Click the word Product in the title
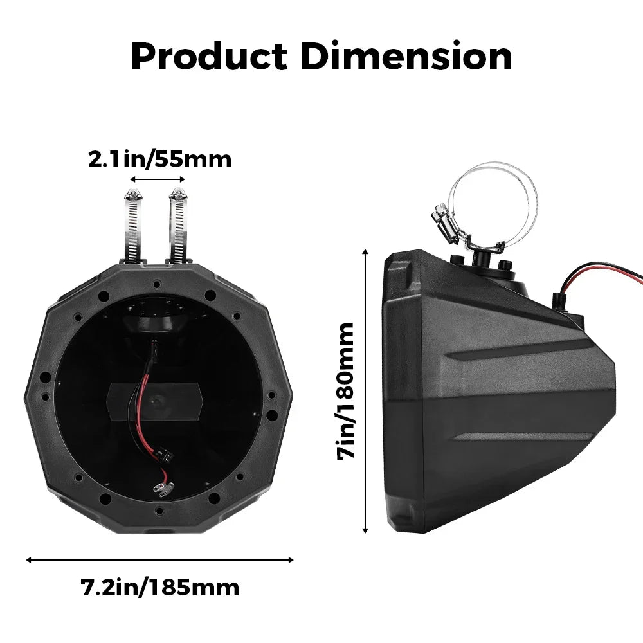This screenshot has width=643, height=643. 208,57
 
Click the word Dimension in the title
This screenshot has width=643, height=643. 406,57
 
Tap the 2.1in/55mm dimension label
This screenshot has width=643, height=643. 159,159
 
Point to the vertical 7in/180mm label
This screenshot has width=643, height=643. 347,390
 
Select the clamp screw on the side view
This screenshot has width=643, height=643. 442,215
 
